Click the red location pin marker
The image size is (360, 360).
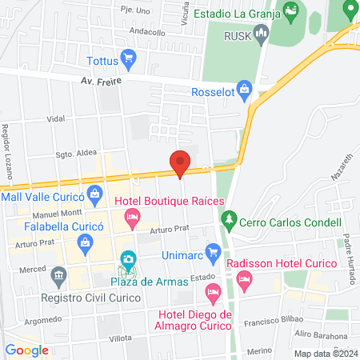pyautogui.click(x=180, y=162)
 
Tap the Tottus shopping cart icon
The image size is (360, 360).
pyautogui.click(x=130, y=59)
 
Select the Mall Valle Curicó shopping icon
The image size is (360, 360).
pyautogui.click(x=95, y=194)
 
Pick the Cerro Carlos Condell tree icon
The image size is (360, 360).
pyautogui.click(x=230, y=218)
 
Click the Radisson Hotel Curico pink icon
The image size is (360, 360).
pyautogui.click(x=245, y=280)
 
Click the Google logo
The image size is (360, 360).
pyautogui.click(x=26, y=350)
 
